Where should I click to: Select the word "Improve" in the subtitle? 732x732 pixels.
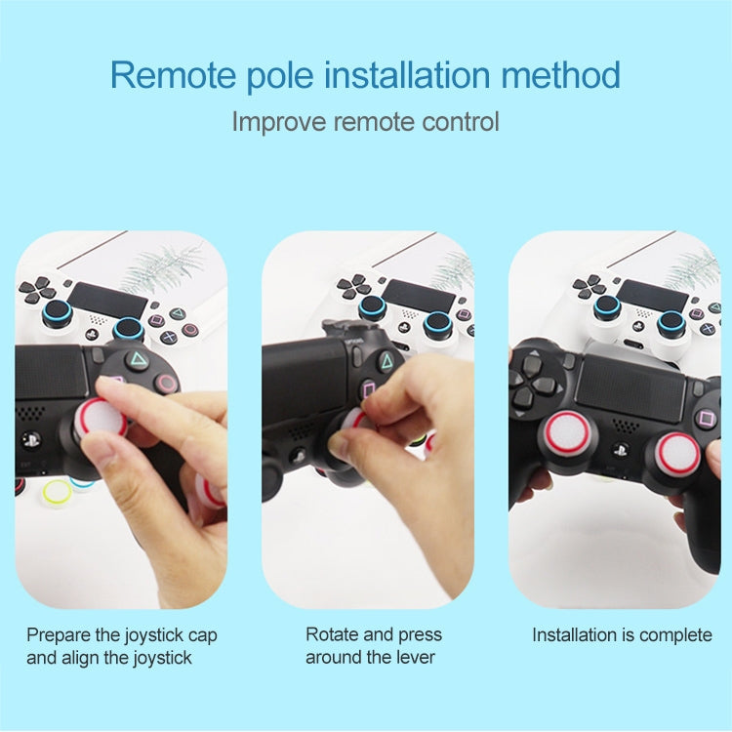279,122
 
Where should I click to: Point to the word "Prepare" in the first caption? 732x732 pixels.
61,635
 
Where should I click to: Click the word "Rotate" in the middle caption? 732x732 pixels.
333,635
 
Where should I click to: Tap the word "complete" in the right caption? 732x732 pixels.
673,635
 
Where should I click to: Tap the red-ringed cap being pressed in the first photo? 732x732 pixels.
102,419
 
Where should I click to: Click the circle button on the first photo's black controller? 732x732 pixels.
168,382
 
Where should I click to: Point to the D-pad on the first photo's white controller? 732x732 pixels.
40,289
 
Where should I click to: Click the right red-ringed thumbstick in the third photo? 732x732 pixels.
676,452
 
